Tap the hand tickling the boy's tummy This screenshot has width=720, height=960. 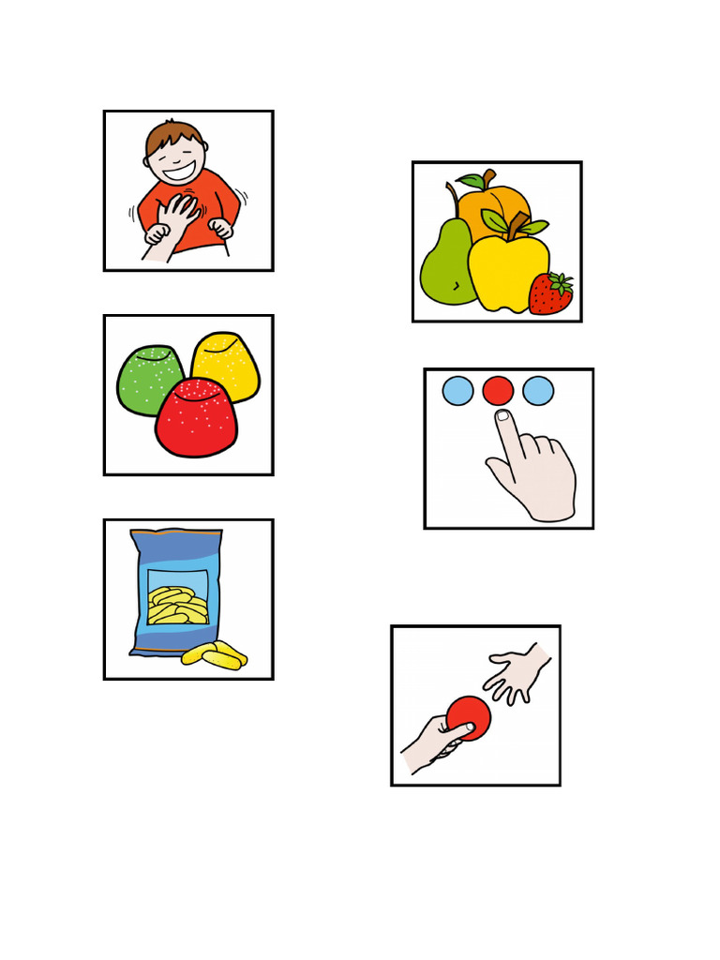pos(173,217)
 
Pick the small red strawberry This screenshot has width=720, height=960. pos(550,294)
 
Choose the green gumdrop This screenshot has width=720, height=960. pos(148,377)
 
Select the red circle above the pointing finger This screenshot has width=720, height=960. pos(498,390)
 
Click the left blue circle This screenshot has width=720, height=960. pos(457,390)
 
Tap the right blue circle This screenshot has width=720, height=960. pos(538,390)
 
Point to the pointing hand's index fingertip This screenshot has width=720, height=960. pos(503,416)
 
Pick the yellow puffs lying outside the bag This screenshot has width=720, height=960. pos(216,654)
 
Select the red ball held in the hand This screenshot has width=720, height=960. pos(469,717)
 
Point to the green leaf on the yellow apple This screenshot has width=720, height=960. pos(497,222)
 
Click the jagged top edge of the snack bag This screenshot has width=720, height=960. pos(177,532)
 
